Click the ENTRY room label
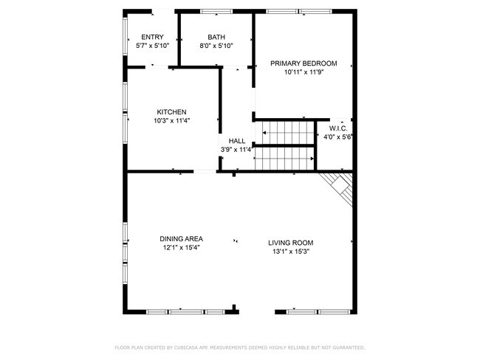[x=152, y=37]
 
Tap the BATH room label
[x=216, y=37]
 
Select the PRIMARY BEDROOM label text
[x=303, y=63]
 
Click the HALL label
[x=237, y=141]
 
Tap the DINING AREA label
[x=181, y=239]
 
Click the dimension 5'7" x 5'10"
[x=153, y=46]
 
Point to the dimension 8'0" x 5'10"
[x=216, y=46]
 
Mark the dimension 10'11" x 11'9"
[x=303, y=72]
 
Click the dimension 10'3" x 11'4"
[x=171, y=121]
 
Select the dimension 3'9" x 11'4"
[x=236, y=150]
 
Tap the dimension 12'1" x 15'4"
[x=181, y=248]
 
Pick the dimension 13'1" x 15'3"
[x=291, y=252]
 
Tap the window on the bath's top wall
[x=216, y=12]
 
